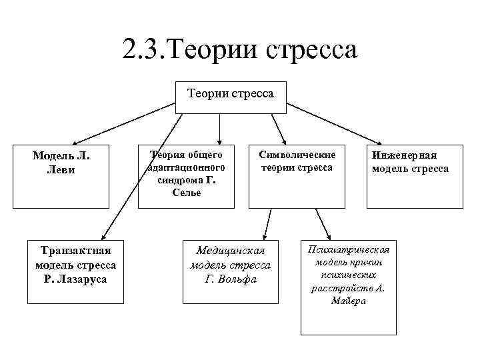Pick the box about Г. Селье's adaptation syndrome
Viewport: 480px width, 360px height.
[x=186, y=175]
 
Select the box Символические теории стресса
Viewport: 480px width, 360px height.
[x=297, y=175]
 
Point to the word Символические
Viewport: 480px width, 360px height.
[x=297, y=155]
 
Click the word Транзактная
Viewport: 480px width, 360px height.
[x=75, y=251]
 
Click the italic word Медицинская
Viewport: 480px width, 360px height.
[x=231, y=251]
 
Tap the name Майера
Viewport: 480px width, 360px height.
[x=347, y=301]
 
